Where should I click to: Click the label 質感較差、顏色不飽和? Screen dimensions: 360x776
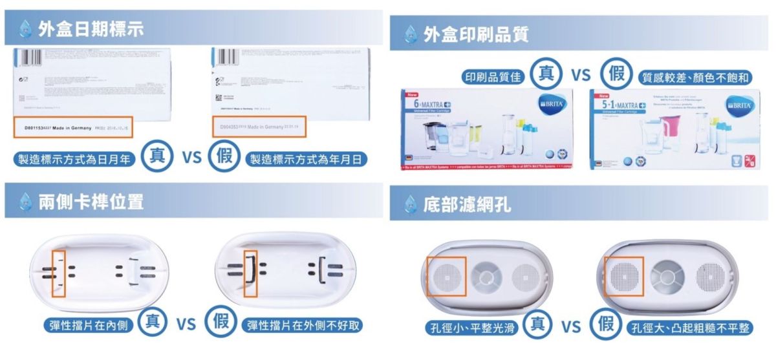click(695, 77)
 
